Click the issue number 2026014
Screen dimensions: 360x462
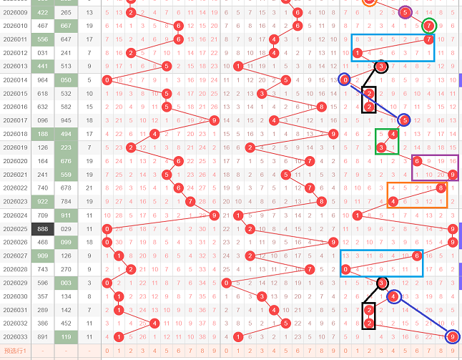14,80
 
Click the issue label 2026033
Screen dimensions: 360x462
14,336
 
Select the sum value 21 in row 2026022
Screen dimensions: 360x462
89,188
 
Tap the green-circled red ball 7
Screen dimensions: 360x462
428,26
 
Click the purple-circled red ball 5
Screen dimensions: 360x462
405,12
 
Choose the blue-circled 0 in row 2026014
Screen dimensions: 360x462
345,80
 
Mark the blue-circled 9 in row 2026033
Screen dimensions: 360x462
452,336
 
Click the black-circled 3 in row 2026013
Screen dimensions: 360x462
381,67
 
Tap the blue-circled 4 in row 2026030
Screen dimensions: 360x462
393,296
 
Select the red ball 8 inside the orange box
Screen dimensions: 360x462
441,188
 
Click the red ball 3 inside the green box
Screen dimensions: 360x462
381,147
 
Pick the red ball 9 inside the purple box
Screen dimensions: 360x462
452,174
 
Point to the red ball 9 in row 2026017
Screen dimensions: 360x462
214,120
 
